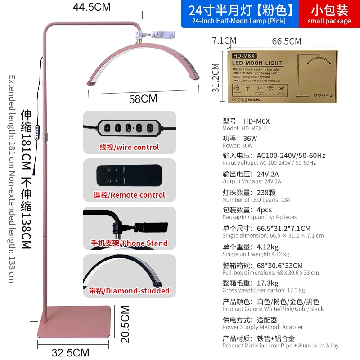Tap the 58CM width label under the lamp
[x=143, y=99]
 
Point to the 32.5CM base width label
[x=70, y=352]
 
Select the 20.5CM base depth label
[x=125, y=324]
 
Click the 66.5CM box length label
[x=287, y=41]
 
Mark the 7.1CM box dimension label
[x=224, y=40]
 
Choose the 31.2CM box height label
[x=216, y=77]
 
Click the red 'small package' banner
[x=329, y=14]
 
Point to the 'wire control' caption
[x=129, y=147]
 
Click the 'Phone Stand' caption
[x=129, y=243]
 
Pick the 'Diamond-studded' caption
[x=129, y=291]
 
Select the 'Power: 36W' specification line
[x=238, y=146]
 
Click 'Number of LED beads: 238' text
[x=256, y=200]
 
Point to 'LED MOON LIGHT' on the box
[x=257, y=63]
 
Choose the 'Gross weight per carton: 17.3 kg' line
[x=263, y=290]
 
